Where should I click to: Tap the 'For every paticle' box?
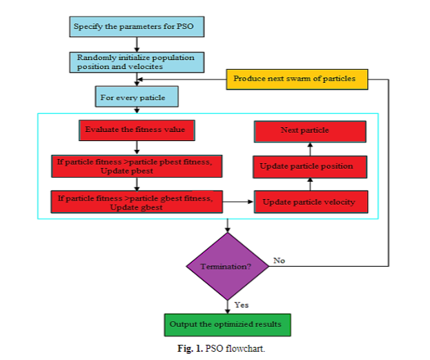136,97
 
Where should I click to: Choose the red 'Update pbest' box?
136,166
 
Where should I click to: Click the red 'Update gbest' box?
136,202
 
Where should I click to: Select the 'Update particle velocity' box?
310,202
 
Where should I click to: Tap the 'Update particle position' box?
310,167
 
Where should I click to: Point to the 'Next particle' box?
310,131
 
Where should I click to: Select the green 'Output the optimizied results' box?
227,324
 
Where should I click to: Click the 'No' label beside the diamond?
279,260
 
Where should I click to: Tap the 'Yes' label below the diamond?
242,305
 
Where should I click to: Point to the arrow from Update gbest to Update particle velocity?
238,202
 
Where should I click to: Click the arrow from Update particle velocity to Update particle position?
310,184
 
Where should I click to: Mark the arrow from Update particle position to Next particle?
310,148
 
